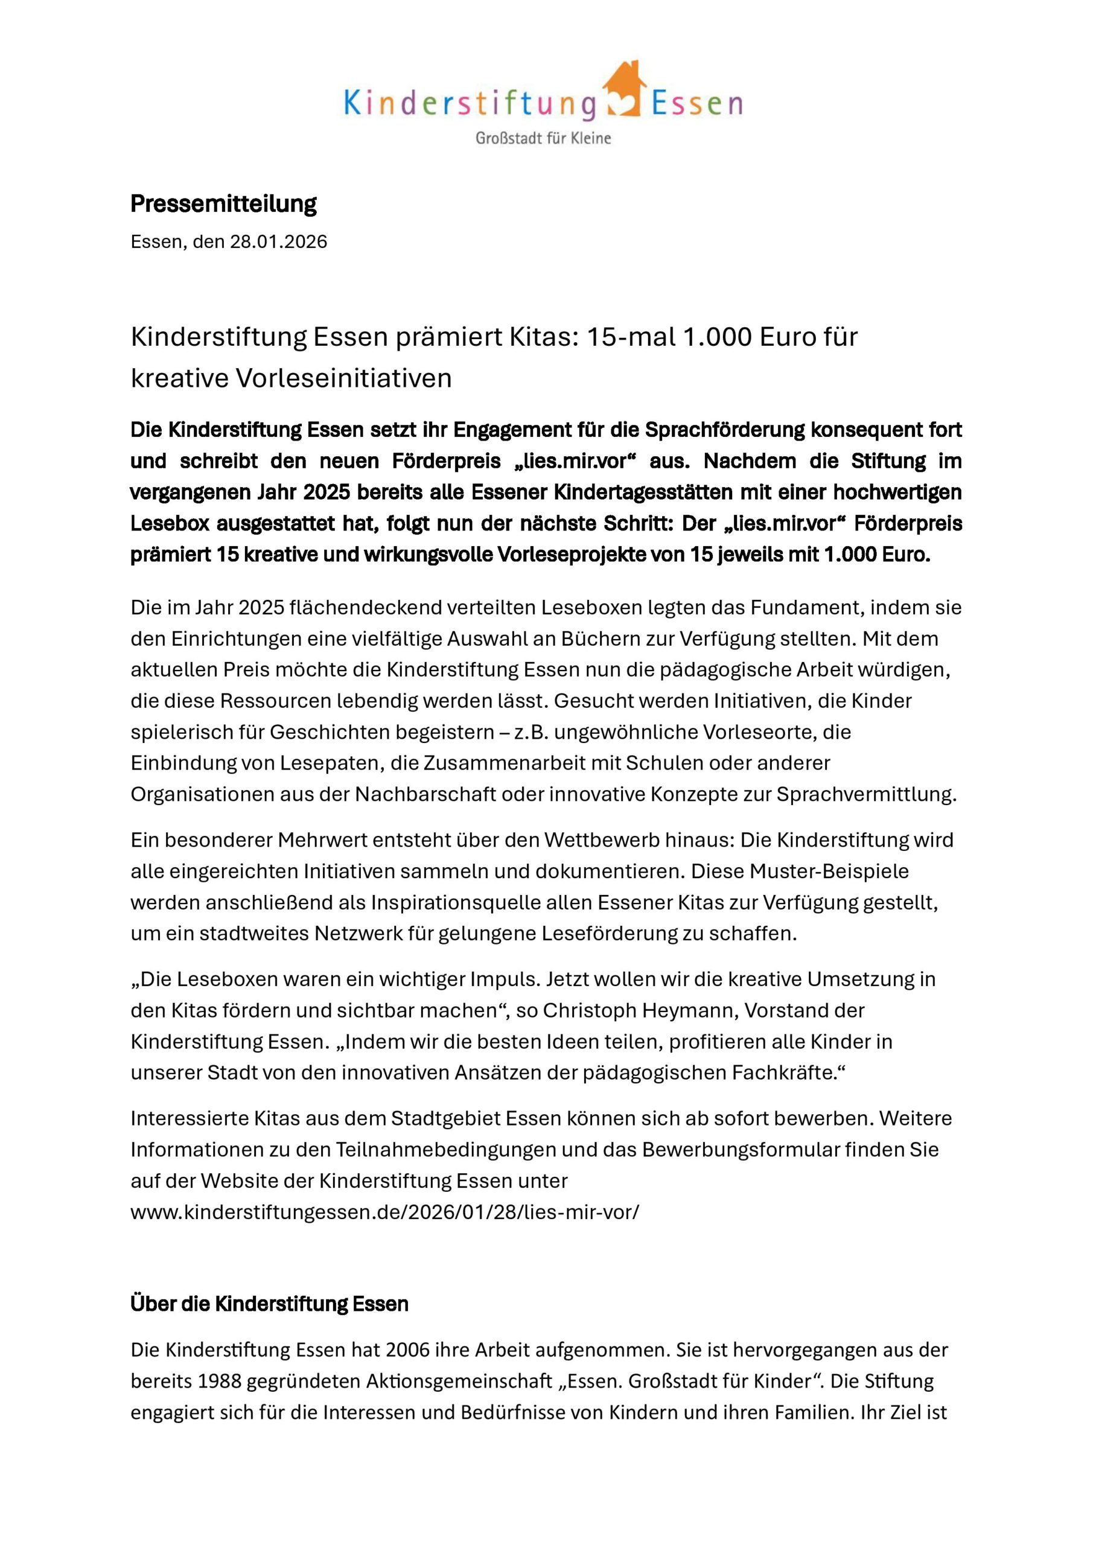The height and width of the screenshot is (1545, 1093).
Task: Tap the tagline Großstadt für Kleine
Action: [543, 139]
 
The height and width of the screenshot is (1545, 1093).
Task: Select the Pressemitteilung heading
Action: [223, 203]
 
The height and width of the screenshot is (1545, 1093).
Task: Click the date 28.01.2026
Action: [279, 241]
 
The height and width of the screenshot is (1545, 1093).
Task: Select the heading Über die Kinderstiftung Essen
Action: [269, 1304]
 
